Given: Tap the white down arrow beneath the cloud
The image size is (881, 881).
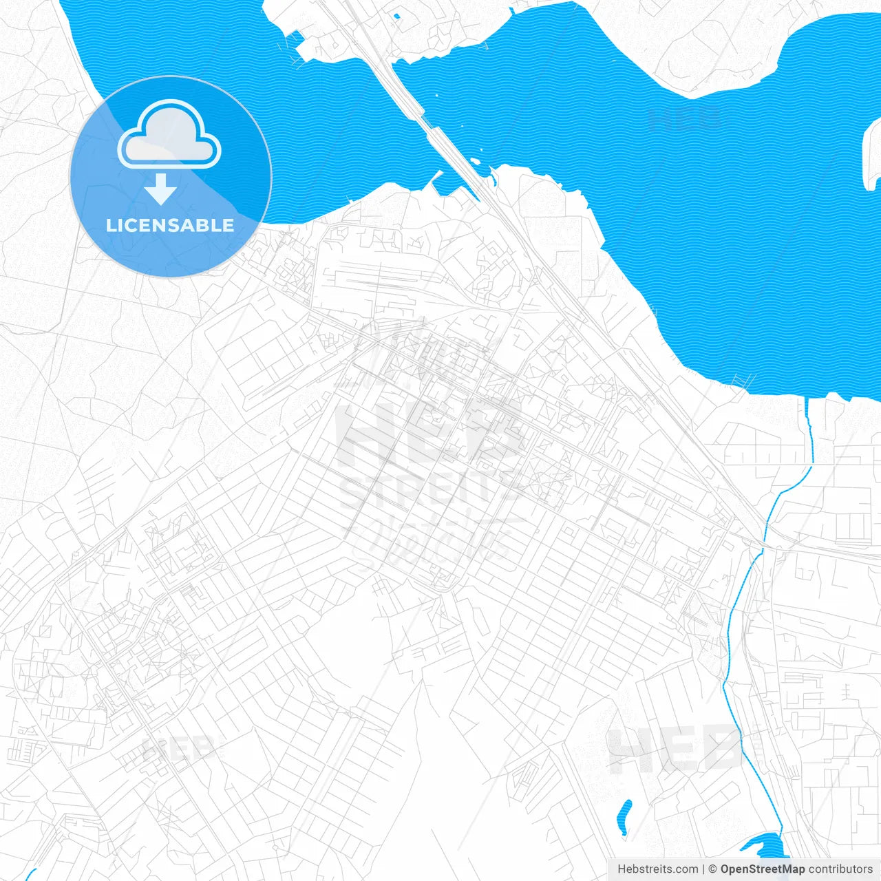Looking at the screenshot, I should tap(161, 190).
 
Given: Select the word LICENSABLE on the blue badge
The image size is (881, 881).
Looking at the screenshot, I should tap(170, 225).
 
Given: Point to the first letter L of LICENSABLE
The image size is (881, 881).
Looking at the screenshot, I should tap(110, 225).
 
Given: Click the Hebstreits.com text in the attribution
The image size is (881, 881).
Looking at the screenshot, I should tap(657, 869).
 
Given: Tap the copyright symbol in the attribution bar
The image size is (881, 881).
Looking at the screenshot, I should tap(713, 869).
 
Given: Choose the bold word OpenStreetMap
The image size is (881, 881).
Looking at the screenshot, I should tap(762, 869).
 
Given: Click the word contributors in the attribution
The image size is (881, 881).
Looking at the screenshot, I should tap(840, 869).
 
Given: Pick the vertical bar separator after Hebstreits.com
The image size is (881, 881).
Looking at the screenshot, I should tap(703, 869).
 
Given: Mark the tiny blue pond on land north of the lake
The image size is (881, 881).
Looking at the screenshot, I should tap(396, 16).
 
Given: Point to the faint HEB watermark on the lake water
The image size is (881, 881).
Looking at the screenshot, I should tap(685, 118).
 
